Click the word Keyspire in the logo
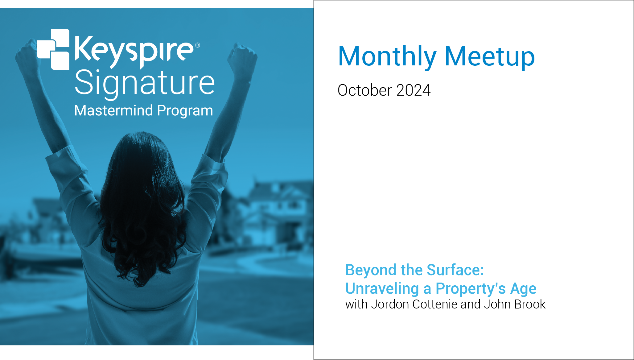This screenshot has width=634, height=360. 134,51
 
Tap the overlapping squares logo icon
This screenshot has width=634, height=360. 53,49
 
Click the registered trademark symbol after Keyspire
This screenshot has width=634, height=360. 197,45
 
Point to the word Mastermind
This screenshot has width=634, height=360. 114,110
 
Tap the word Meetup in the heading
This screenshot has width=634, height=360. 490,57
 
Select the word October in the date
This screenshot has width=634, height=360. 365,90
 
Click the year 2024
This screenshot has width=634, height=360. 414,90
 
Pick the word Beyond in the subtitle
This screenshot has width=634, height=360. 371,270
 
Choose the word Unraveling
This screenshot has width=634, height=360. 382,289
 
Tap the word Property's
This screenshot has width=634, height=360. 471,289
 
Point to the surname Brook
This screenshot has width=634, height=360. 530,304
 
